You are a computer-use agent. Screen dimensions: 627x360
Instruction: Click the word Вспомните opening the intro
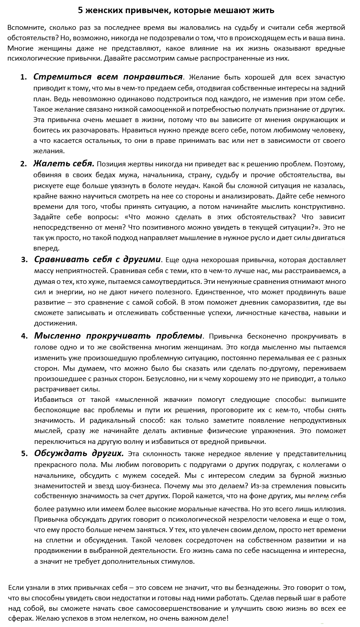coord(26,28)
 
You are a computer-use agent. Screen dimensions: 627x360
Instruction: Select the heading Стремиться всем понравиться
coord(108,76)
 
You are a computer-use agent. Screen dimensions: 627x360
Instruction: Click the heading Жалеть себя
coord(64,163)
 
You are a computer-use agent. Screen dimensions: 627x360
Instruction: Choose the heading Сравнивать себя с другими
coord(97,259)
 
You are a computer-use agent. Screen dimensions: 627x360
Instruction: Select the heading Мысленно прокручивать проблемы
coord(118,336)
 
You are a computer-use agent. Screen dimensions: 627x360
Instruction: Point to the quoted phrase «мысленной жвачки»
coord(147,400)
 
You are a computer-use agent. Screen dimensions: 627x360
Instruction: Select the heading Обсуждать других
coord(79,453)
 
